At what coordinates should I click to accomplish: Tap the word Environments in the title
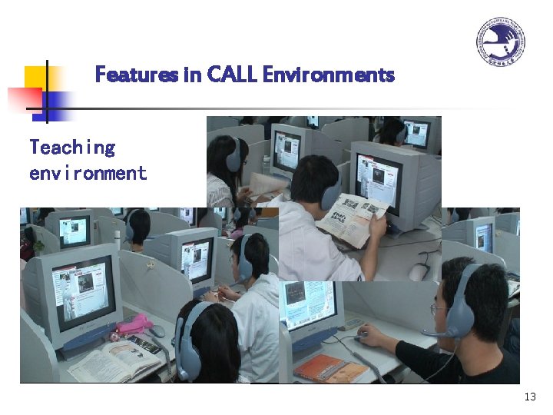click(x=328, y=75)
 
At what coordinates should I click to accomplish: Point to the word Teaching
click(x=72, y=148)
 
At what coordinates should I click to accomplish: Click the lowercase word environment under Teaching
click(x=88, y=173)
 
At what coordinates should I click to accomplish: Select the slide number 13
click(x=529, y=397)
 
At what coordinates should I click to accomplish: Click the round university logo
click(x=501, y=43)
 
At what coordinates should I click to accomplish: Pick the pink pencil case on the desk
click(x=135, y=325)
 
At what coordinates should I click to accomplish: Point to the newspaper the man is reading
click(x=352, y=220)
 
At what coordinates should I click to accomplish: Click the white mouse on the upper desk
click(x=419, y=271)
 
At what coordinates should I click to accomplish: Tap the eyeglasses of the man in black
click(x=439, y=309)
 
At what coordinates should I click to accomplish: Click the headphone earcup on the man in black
click(x=460, y=311)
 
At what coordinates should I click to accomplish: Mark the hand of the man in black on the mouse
click(x=367, y=334)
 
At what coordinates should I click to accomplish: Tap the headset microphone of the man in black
click(x=430, y=333)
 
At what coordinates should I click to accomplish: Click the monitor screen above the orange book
click(x=309, y=304)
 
